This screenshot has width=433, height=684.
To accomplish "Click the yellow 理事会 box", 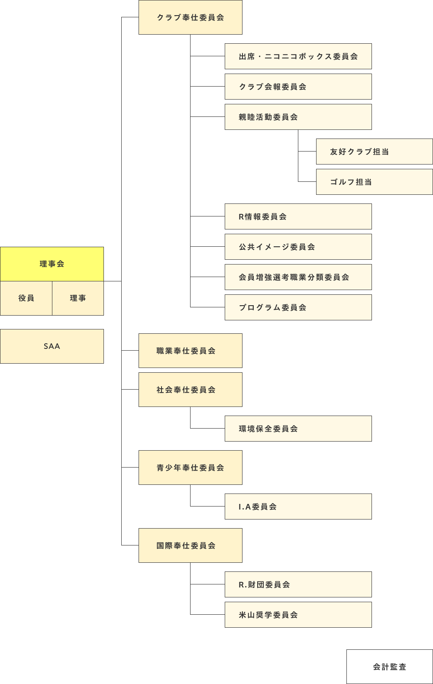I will (52, 264).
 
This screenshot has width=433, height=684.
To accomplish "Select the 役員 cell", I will (26, 298).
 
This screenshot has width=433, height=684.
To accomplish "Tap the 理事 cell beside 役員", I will (78, 298).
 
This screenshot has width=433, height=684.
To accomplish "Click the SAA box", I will (52, 346).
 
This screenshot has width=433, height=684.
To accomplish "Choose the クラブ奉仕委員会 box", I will (190, 17).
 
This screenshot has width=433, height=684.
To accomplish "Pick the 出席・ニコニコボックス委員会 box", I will (298, 56).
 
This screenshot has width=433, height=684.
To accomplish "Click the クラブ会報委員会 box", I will (298, 87).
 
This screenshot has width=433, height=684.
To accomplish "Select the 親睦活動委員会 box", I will (298, 117).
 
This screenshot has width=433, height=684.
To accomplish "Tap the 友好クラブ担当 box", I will (374, 152).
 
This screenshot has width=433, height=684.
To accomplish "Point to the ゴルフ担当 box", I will (374, 182).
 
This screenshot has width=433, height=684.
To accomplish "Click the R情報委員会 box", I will (298, 216).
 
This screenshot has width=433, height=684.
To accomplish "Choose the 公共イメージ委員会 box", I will (298, 247).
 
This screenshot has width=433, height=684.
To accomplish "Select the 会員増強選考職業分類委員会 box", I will (298, 277).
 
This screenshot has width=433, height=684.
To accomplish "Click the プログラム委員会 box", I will (298, 307).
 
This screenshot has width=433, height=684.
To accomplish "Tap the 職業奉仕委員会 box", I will (190, 351).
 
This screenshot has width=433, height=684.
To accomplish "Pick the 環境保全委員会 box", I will (298, 429).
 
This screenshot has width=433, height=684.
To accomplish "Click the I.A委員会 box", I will (298, 507).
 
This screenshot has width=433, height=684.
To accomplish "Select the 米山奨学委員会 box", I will (298, 615).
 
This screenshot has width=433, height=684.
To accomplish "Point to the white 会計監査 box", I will (389, 667).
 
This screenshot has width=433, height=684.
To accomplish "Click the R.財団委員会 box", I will (298, 584).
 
